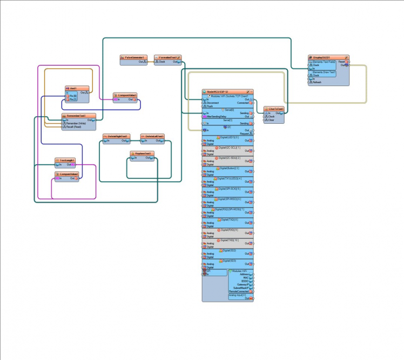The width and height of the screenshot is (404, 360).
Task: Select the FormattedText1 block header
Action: click(x=168, y=57)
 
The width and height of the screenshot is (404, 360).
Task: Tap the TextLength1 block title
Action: click(x=65, y=161)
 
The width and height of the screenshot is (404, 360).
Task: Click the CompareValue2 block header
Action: click(x=68, y=174)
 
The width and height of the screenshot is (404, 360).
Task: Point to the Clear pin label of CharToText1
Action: click(x=272, y=120)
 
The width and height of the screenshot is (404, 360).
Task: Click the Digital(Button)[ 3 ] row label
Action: click(x=227, y=168)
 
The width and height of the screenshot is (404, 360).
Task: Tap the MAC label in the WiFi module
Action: click(x=245, y=278)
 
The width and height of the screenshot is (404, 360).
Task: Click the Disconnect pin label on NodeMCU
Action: click(x=213, y=103)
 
